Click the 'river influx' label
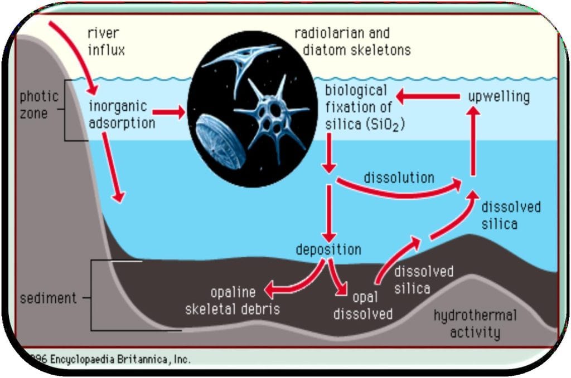[x=106, y=41]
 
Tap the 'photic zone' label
[x=39, y=104]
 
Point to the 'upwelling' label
[x=499, y=96]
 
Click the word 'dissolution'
[x=399, y=178]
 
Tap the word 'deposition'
[x=328, y=249]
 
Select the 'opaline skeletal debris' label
[x=233, y=300]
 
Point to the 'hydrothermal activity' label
[x=475, y=324]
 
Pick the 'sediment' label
[x=48, y=298]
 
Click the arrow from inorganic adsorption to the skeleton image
[x=168, y=113]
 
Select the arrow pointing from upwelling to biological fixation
[x=429, y=96]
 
